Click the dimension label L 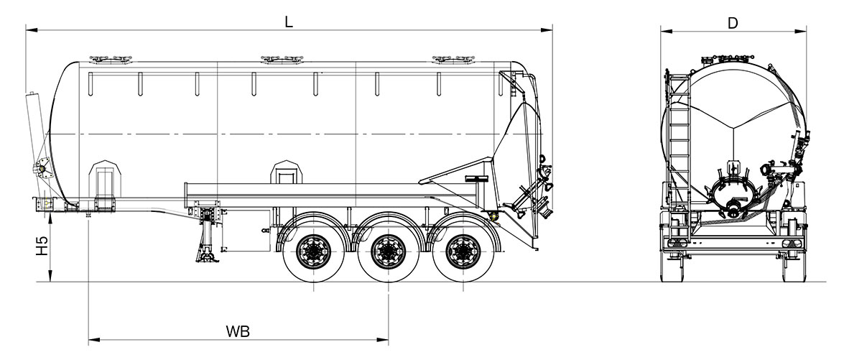coord(289,22)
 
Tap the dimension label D coord(733,22)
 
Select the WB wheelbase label coord(237,331)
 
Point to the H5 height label coord(42,246)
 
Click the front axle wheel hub coord(313,251)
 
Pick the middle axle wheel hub coord(388,251)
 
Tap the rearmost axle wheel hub coord(463,251)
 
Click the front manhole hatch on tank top coord(111,59)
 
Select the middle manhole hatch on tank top coord(282,59)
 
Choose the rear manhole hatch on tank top coord(453,59)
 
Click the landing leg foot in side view coord(208,258)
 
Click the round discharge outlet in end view coord(734,207)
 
